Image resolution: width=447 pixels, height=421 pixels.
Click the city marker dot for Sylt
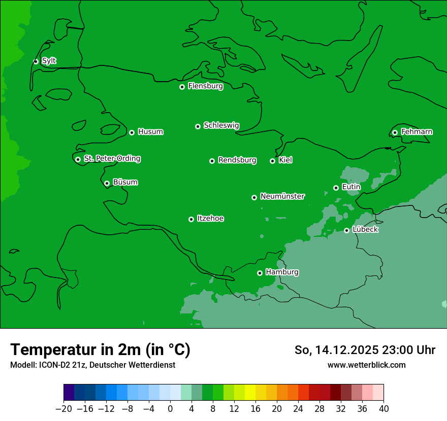point(36,61)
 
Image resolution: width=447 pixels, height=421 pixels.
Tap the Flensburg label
point(205,86)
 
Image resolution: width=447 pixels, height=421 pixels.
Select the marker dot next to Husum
point(132,132)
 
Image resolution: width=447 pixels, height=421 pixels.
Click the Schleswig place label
point(221,125)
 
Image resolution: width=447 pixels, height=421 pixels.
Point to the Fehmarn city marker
point(395,132)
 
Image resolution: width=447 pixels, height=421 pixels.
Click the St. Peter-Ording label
point(112,159)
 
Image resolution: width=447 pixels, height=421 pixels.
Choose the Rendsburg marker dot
point(212,161)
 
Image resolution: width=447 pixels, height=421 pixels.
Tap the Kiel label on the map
point(285,160)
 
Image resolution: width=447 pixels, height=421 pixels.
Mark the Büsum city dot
point(107,184)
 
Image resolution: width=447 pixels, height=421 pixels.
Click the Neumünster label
point(282,196)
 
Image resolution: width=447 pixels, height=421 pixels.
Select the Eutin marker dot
point(336,188)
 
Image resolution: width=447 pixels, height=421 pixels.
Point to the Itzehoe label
point(210,219)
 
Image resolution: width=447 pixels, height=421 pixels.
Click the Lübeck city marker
point(346,230)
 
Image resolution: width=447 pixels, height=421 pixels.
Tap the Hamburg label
point(282,272)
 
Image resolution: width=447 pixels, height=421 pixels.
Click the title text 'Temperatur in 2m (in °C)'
point(100,349)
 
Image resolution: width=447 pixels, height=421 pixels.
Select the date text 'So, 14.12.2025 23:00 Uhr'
point(365,350)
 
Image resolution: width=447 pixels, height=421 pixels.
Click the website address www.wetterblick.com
point(366,365)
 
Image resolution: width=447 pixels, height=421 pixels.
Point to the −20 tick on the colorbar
point(63,408)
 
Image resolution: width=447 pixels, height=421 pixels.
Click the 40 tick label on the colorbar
point(384,408)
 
